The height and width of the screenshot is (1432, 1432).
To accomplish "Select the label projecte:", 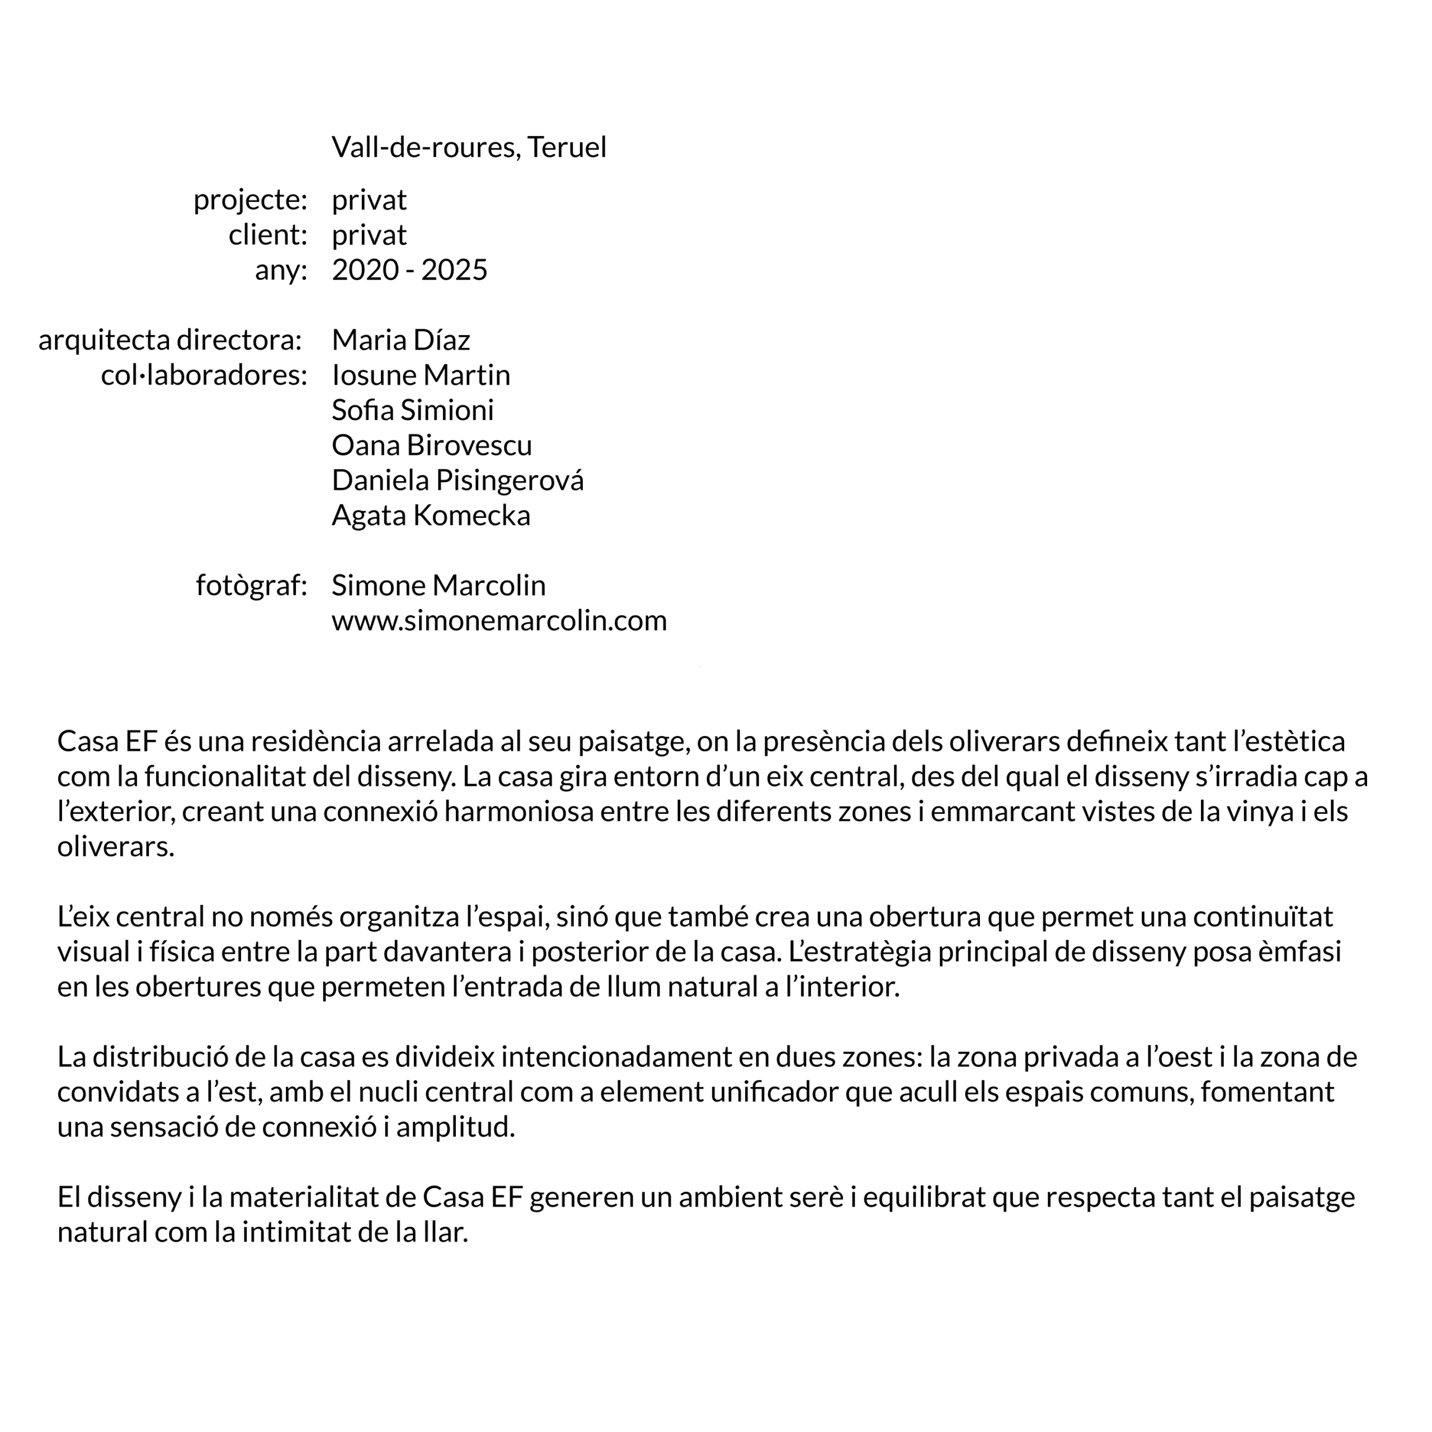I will pyautogui.click(x=250, y=200).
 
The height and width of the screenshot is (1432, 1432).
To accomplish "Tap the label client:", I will pyautogui.click(x=267, y=235).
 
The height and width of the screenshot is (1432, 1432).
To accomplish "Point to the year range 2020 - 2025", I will pyautogui.click(x=409, y=270).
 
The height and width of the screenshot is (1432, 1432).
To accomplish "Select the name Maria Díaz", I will pyautogui.click(x=401, y=340).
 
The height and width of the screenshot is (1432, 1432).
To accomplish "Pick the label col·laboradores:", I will pyautogui.click(x=204, y=375).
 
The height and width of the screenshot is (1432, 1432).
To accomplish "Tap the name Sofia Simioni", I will pyautogui.click(x=412, y=410).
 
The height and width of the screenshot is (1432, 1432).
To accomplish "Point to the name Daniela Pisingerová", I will pyautogui.click(x=458, y=481).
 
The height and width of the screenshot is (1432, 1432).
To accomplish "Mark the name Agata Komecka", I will pyautogui.click(x=431, y=515).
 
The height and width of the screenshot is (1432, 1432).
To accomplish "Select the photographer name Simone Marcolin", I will pyautogui.click(x=438, y=586).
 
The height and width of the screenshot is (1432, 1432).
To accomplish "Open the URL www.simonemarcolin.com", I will pyautogui.click(x=499, y=620).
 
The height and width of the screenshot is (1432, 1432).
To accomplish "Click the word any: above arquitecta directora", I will pyautogui.click(x=280, y=270).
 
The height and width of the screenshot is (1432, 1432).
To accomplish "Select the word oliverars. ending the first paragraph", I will pyautogui.click(x=116, y=846).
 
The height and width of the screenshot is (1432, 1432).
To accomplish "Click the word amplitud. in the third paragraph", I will pyautogui.click(x=455, y=1127).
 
